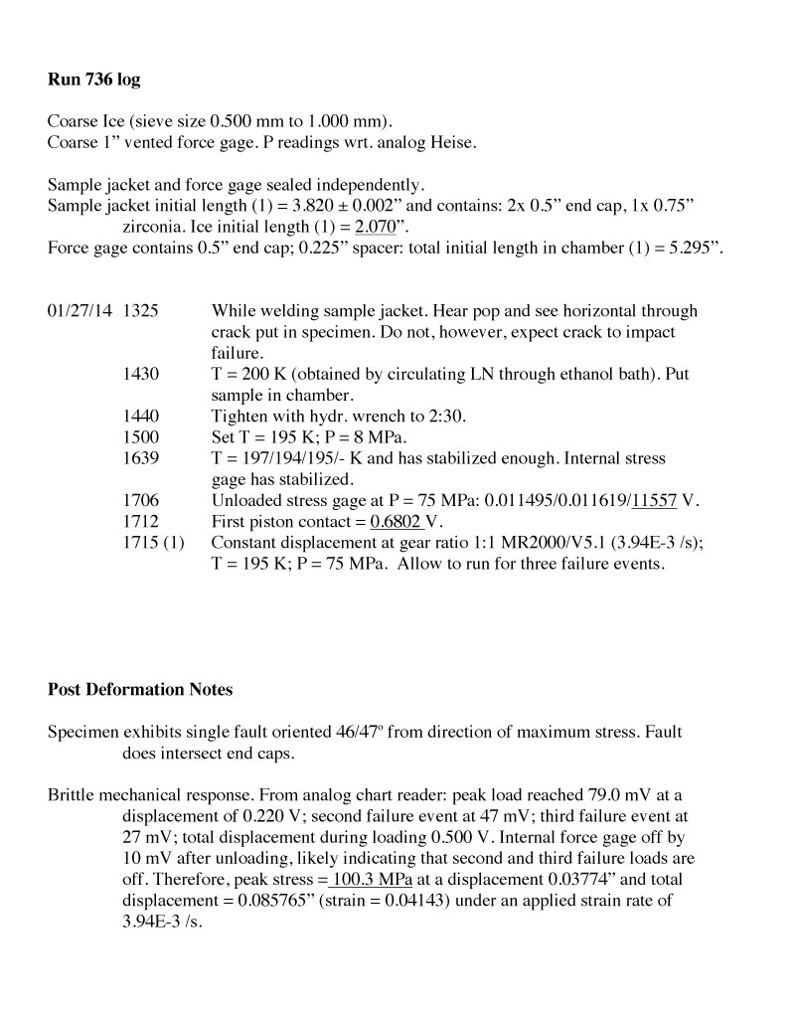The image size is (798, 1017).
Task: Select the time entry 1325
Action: [140, 311]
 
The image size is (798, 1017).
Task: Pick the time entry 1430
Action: [140, 375]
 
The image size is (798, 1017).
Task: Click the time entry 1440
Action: [140, 417]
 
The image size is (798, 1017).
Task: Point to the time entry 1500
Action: [140, 437]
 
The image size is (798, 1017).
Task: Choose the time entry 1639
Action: [140, 458]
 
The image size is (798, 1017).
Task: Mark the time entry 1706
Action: [140, 501]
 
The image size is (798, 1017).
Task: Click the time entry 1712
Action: [140, 522]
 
